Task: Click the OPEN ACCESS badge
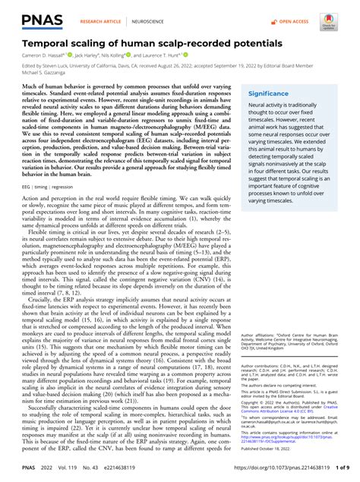click(288, 13)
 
